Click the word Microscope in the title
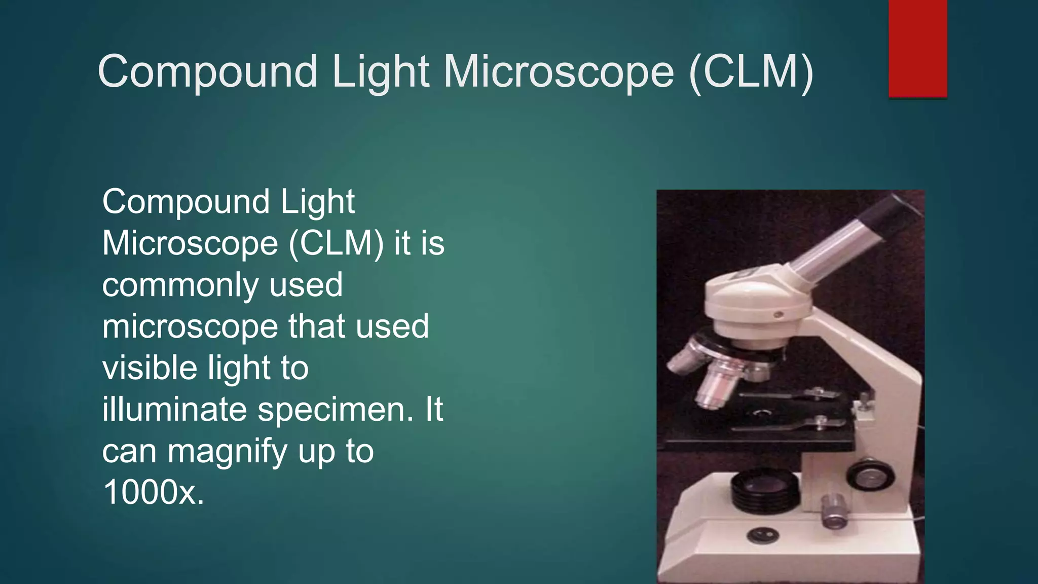tap(559, 72)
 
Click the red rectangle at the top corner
tap(917, 48)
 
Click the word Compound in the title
tap(207, 72)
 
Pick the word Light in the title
tap(381, 72)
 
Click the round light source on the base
tap(764, 488)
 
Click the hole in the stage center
tap(760, 414)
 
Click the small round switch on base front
tap(762, 534)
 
